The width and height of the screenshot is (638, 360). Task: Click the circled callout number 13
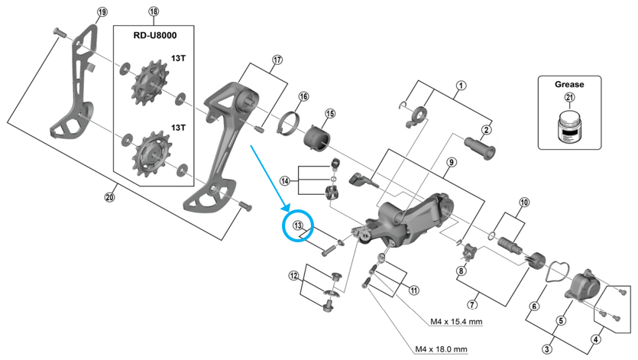coord(298,225)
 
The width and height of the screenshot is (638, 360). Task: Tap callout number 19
coord(102,11)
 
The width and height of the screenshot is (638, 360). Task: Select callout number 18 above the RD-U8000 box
coord(154,11)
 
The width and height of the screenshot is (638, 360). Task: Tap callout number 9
coord(452,162)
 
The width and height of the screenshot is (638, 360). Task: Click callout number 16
coord(303,96)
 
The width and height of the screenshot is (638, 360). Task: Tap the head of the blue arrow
coord(284,209)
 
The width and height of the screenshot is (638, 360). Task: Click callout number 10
coord(523,203)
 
